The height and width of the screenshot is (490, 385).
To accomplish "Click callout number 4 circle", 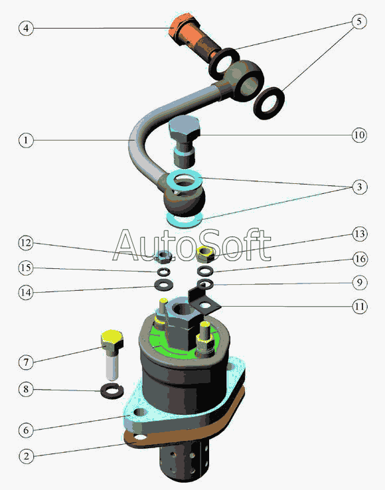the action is coord(26,28).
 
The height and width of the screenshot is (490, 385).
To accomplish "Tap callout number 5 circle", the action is coord(358,21).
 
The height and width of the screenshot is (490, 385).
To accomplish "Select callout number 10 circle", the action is coord(359,135).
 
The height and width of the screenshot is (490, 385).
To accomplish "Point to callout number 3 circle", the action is coord(359,187).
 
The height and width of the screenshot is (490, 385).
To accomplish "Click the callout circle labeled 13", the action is coord(359,234).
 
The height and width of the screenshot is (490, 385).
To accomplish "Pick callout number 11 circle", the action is coord(359,306).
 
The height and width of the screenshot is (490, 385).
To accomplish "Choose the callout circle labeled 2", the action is coord(26,456).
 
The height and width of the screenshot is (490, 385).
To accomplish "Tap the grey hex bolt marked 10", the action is coord(185,141).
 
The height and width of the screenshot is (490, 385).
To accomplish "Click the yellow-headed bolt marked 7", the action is coord(112,354).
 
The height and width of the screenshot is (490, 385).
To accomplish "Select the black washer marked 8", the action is coord(112,391).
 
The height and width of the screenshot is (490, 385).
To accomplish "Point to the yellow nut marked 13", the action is coord(206,254).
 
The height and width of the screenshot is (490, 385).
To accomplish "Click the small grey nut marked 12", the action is coord(163,256).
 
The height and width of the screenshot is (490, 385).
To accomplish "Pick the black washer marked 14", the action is coord(163,284).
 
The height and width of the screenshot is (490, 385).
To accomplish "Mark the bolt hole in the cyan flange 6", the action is coord(141,413).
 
